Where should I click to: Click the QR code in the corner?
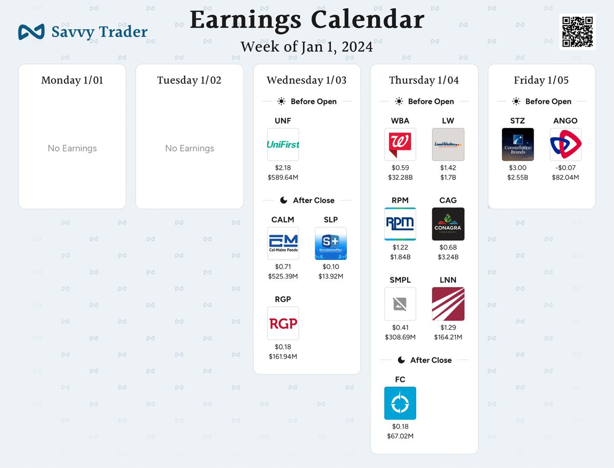tap(577, 32)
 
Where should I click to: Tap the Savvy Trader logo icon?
tap(32, 32)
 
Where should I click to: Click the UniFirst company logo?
tap(283, 144)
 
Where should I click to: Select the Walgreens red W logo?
tap(400, 144)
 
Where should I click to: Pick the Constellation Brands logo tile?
tap(518, 144)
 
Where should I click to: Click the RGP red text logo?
tap(283, 323)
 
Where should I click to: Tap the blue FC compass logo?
tap(400, 403)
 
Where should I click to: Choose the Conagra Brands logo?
tap(448, 224)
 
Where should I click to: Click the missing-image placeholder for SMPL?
tap(400, 304)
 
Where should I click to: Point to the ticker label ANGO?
tap(565, 121)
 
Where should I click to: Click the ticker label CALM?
tap(283, 219)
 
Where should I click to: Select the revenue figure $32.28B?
tap(400, 177)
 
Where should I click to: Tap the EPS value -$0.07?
tap(565, 168)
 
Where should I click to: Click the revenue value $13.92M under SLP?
tap(331, 276)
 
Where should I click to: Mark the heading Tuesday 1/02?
tap(189, 80)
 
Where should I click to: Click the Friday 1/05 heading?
tap(541, 80)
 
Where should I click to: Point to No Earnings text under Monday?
tap(72, 148)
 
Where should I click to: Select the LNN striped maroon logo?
tap(448, 304)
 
